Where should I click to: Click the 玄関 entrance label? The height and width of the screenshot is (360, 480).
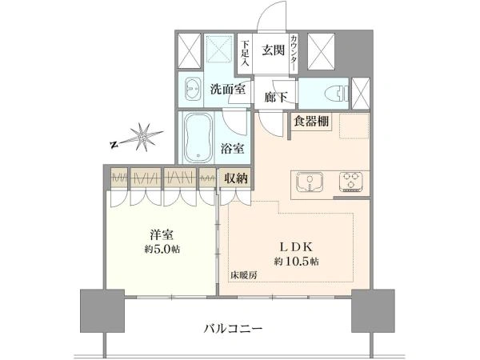tap(273, 50)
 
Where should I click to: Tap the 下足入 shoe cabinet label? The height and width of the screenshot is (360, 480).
tap(246, 54)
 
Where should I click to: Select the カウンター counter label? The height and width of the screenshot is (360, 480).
tap(294, 52)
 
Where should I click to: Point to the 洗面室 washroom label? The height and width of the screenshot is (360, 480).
tap(227, 89)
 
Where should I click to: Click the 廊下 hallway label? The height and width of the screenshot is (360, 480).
tap(276, 97)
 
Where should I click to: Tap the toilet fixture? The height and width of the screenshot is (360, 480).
tap(336, 94)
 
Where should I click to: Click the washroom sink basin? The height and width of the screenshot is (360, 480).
tap(193, 88)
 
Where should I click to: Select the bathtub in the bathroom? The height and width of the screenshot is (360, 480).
tap(198, 138)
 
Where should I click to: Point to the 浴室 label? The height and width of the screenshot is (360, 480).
tap(233, 149)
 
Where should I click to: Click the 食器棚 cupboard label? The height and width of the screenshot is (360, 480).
tap(311, 122)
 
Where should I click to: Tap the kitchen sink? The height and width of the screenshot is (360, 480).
tap(310, 182)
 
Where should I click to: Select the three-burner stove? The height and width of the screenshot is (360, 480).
tap(351, 182)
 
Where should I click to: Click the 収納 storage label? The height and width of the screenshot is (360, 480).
tap(236, 178)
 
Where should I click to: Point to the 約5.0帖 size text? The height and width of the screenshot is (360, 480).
tap(162, 249)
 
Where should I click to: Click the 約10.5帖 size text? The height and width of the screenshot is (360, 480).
tap(296, 262)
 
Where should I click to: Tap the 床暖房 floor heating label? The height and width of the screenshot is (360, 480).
tap(244, 275)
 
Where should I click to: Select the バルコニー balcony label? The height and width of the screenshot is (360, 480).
tap(234, 329)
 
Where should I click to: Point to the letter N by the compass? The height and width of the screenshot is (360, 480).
tap(114, 145)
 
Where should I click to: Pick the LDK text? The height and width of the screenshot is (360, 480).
tap(296, 246)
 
